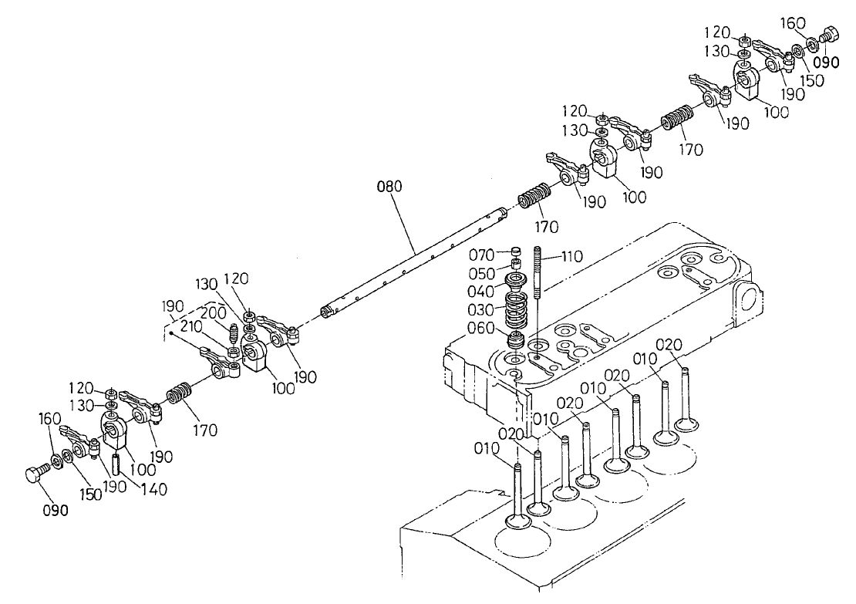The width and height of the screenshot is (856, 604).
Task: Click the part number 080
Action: click(389, 187)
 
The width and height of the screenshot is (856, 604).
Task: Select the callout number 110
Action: click(571, 256)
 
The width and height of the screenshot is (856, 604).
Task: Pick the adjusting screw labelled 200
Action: click(233, 335)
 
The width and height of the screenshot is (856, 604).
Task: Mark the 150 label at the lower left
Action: click(90, 494)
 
